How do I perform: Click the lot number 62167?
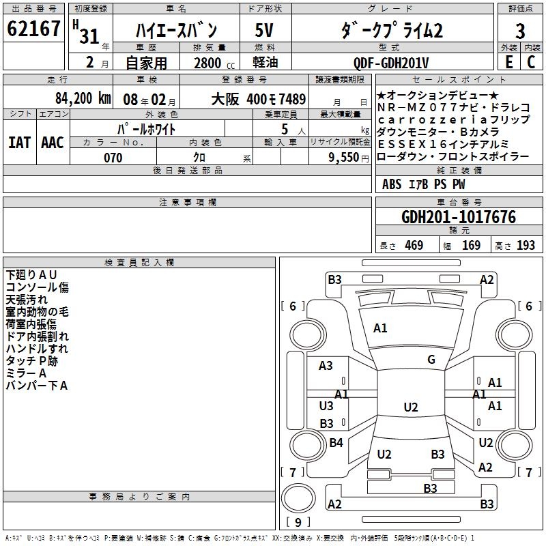pos(34,29)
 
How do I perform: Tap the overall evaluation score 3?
pos(520,31)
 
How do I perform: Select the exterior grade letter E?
pos(508,61)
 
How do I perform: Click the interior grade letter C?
pos(531,61)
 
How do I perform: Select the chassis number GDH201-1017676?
pos(459,217)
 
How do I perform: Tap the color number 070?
pos(113,158)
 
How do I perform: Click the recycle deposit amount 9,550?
pos(343,158)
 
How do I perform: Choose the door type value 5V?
pos(265,31)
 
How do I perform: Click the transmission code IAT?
pos(20,143)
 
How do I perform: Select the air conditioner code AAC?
pos(53,143)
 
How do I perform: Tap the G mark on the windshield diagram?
pos(431,359)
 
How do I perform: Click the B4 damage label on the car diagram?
pos(336,443)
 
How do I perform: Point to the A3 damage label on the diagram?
pos(326,366)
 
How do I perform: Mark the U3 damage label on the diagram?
pos(326,406)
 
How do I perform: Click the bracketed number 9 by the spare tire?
pos(298,523)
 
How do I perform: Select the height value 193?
pos(526,246)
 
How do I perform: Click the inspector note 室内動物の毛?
pos(38,312)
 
